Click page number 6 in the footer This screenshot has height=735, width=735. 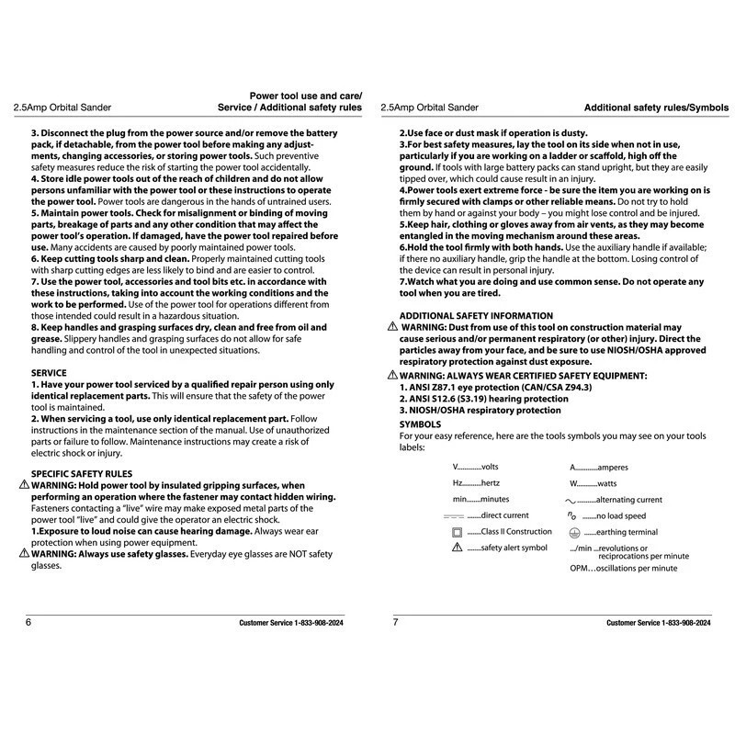tap(28, 623)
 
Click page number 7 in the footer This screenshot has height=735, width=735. tap(395, 623)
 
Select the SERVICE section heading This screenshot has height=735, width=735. tap(49, 373)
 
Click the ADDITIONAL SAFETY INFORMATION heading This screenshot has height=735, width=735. tap(477, 316)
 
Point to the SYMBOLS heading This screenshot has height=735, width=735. tap(421, 424)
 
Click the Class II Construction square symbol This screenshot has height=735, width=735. tap(457, 532)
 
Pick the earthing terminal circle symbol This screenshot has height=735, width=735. tap(573, 532)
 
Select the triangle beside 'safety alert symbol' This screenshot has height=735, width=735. tap(457, 548)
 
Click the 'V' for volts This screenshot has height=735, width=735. tap(457, 468)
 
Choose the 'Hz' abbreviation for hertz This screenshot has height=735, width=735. tap(458, 483)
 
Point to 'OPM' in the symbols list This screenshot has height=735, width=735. tap(580, 569)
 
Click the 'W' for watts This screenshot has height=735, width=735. tap(574, 483)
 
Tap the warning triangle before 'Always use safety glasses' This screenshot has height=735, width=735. tap(24, 554)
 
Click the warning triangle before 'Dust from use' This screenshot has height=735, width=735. tap(392, 327)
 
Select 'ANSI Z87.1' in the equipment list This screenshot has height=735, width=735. tap(430, 388)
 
